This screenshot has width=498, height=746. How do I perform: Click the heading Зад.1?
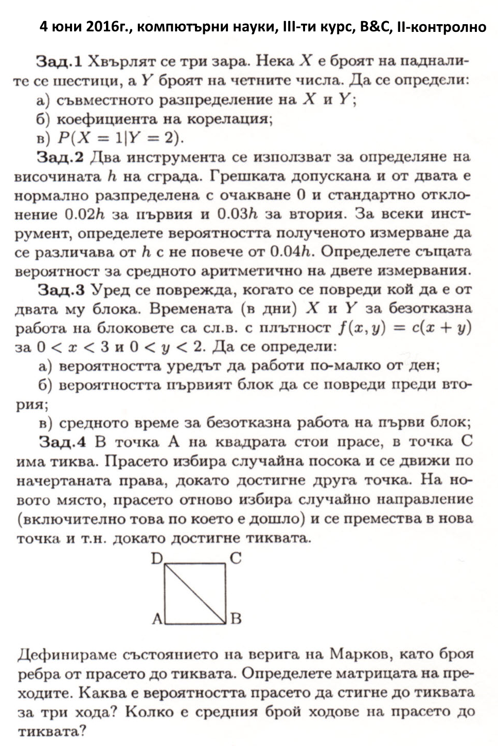59,62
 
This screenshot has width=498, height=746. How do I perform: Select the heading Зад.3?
61,290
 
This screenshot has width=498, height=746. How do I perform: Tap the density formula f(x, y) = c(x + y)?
404,328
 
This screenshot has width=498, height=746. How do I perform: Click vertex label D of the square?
157,558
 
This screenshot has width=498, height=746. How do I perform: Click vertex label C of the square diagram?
236,558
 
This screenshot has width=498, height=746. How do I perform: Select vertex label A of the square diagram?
157,618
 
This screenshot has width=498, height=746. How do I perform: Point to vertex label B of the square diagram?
236,618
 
